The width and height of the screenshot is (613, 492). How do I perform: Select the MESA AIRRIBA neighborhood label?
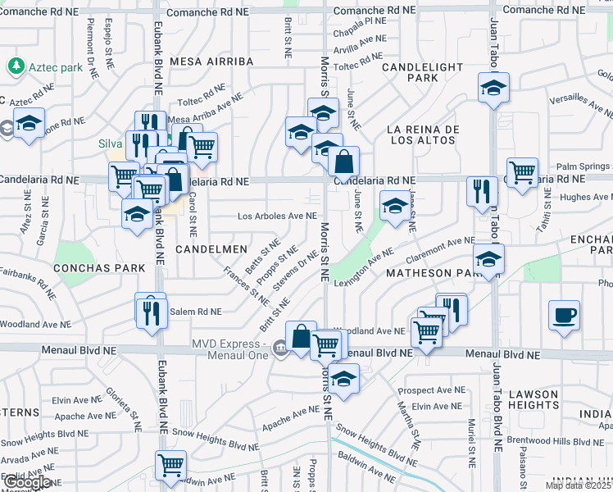[208, 61]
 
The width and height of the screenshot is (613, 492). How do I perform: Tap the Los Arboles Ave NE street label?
[277, 216]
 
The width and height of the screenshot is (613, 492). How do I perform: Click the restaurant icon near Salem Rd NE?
[151, 312]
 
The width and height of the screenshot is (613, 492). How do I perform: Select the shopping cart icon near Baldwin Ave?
[171, 465]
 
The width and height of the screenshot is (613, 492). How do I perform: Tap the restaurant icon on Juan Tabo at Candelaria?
[482, 191]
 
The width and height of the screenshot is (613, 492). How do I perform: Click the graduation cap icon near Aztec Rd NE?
[30, 124]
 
